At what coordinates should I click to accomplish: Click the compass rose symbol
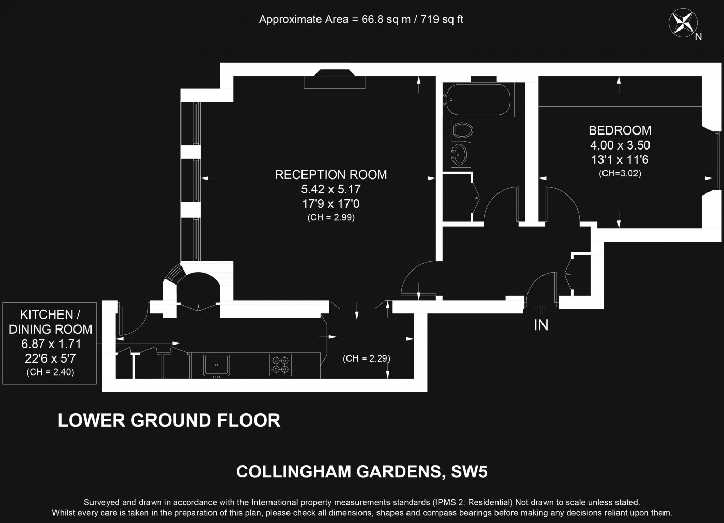click(x=683, y=23)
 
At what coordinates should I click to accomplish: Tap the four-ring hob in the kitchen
click(x=280, y=364)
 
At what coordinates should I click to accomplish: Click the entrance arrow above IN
click(x=541, y=309)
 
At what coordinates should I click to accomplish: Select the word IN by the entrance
click(x=541, y=325)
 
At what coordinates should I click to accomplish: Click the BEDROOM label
click(x=620, y=130)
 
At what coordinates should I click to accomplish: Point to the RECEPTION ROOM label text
click(x=330, y=175)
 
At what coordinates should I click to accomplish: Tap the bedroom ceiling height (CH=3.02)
click(x=620, y=174)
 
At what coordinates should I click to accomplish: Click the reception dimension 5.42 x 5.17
click(x=330, y=189)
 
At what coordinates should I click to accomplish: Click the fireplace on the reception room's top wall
click(x=334, y=79)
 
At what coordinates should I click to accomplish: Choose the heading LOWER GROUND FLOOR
click(x=169, y=420)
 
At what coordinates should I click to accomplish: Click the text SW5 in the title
click(x=469, y=472)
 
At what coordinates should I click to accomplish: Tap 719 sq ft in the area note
click(x=442, y=20)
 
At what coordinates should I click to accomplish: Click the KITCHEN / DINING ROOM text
click(x=50, y=322)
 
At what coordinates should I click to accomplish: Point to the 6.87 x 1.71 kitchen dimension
click(x=50, y=344)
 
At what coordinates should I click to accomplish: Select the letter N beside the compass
click(x=698, y=37)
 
